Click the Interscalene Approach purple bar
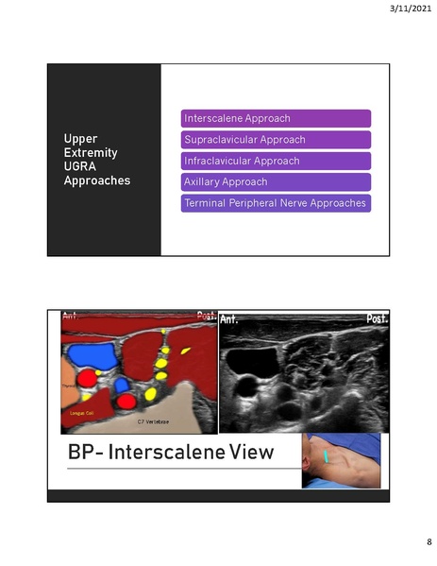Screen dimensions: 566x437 point(276,119)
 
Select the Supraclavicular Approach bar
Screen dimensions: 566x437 point(276,140)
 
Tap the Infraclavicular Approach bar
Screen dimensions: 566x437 point(276,161)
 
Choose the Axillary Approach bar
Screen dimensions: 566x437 point(276,181)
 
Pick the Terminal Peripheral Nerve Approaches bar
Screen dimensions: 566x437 point(276,202)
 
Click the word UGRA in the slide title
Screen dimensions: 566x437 point(79,166)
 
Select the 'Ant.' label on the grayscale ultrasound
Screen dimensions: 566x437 point(230,320)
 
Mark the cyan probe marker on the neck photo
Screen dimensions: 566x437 point(327,456)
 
